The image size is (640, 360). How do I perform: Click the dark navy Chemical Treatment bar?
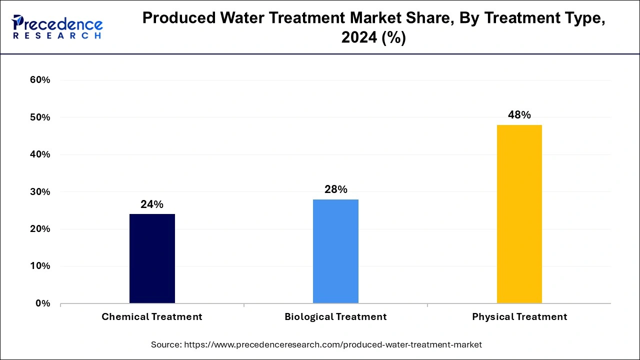pyautogui.click(x=152, y=258)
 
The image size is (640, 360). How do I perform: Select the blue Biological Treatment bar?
pyautogui.click(x=335, y=251)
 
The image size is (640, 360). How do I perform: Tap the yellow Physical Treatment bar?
pyautogui.click(x=519, y=214)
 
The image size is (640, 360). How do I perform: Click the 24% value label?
pyautogui.click(x=152, y=204)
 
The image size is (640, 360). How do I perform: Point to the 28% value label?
pyautogui.click(x=335, y=189)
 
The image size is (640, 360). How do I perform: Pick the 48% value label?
pyautogui.click(x=519, y=115)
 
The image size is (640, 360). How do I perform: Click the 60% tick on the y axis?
pyautogui.click(x=40, y=80)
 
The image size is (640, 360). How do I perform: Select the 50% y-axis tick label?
pyautogui.click(x=40, y=117)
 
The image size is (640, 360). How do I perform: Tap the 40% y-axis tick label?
pyautogui.click(x=40, y=154)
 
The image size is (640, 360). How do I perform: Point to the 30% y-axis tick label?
pyautogui.click(x=40, y=192)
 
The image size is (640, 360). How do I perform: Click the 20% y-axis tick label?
pyautogui.click(x=40, y=229)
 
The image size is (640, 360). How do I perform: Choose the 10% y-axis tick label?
pyautogui.click(x=40, y=266)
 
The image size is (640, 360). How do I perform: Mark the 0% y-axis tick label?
pyautogui.click(x=43, y=303)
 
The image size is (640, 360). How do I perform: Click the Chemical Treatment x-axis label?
pyautogui.click(x=152, y=317)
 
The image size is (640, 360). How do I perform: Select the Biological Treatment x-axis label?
pyautogui.click(x=335, y=317)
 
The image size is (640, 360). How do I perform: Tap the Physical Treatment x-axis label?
pyautogui.click(x=519, y=317)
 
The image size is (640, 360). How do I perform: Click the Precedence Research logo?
pyautogui.click(x=57, y=27)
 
